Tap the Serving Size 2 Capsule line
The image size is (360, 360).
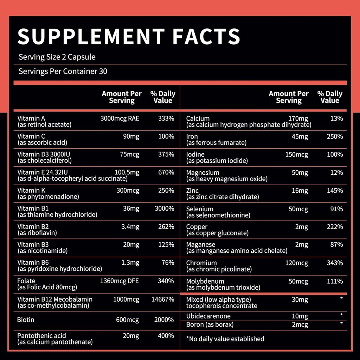57,57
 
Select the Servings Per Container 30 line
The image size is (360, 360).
63,72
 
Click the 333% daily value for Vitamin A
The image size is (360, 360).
166,118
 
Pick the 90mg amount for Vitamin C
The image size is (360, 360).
131,136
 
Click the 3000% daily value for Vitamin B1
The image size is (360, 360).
164,208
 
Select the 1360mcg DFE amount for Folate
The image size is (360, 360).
120,281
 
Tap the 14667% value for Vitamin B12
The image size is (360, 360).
162,300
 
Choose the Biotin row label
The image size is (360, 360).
26,320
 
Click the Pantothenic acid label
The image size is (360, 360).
41,336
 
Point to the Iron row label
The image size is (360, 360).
192,136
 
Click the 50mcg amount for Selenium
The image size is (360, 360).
298,209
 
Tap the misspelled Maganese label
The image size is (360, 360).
201,244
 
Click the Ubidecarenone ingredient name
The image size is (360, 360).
208,316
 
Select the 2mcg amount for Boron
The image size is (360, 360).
300,324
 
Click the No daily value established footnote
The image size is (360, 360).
225,339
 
